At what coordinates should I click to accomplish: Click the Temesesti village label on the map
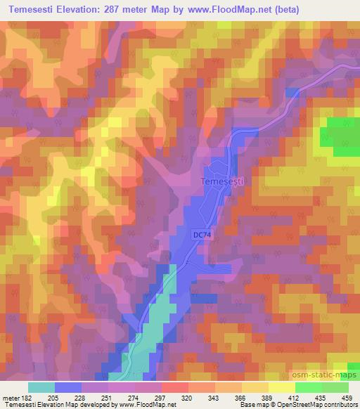tap(221, 181)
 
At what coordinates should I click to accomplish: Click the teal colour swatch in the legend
tap(41, 387)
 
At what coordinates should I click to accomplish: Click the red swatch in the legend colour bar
tap(175, 387)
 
